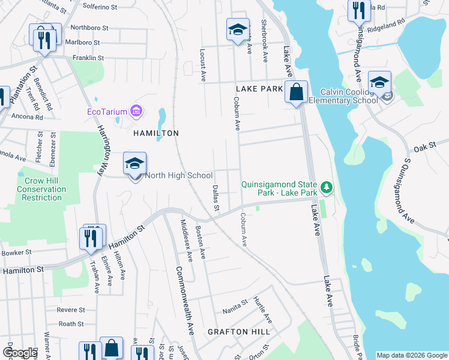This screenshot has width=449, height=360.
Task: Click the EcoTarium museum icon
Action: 137,111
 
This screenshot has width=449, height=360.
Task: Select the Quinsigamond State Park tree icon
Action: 327,188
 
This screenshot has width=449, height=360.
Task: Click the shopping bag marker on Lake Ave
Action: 296,92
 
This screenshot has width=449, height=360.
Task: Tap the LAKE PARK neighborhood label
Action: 259,89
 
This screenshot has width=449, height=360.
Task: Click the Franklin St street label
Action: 88,58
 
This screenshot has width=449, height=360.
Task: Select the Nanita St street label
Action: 235,305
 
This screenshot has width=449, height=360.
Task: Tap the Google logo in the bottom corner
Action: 20,353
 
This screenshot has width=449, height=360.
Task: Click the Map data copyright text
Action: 412,355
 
